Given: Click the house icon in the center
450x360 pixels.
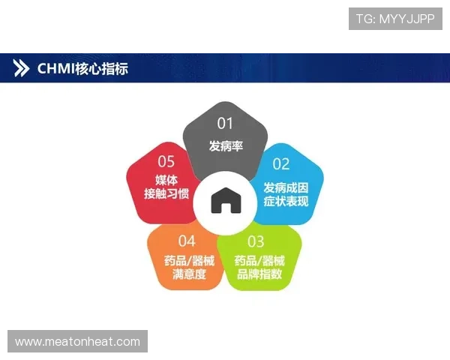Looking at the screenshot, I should coord(225,201).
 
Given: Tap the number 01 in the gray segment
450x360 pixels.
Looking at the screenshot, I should coord(226,123).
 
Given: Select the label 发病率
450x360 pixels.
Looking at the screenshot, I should coord(226,145).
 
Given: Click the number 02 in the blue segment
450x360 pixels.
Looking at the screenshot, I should coord(280,164).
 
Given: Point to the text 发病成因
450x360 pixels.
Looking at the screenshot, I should coord(286,187).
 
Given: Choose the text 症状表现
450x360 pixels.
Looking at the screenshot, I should coord(286,201).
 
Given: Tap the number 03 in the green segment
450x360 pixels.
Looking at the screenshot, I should coord(256,241).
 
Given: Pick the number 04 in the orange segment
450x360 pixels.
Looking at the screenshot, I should coord(187,241).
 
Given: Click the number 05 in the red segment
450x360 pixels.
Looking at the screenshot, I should coord(166,161).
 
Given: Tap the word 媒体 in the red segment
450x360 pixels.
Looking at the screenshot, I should coord(166,180).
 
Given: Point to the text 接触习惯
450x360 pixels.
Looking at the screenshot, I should coord(166,195).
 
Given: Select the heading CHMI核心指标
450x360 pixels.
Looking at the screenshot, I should coord(83,68).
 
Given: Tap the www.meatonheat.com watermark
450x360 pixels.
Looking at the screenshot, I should coord(77,342).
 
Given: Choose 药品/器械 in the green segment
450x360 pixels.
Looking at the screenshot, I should coord(259,260).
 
